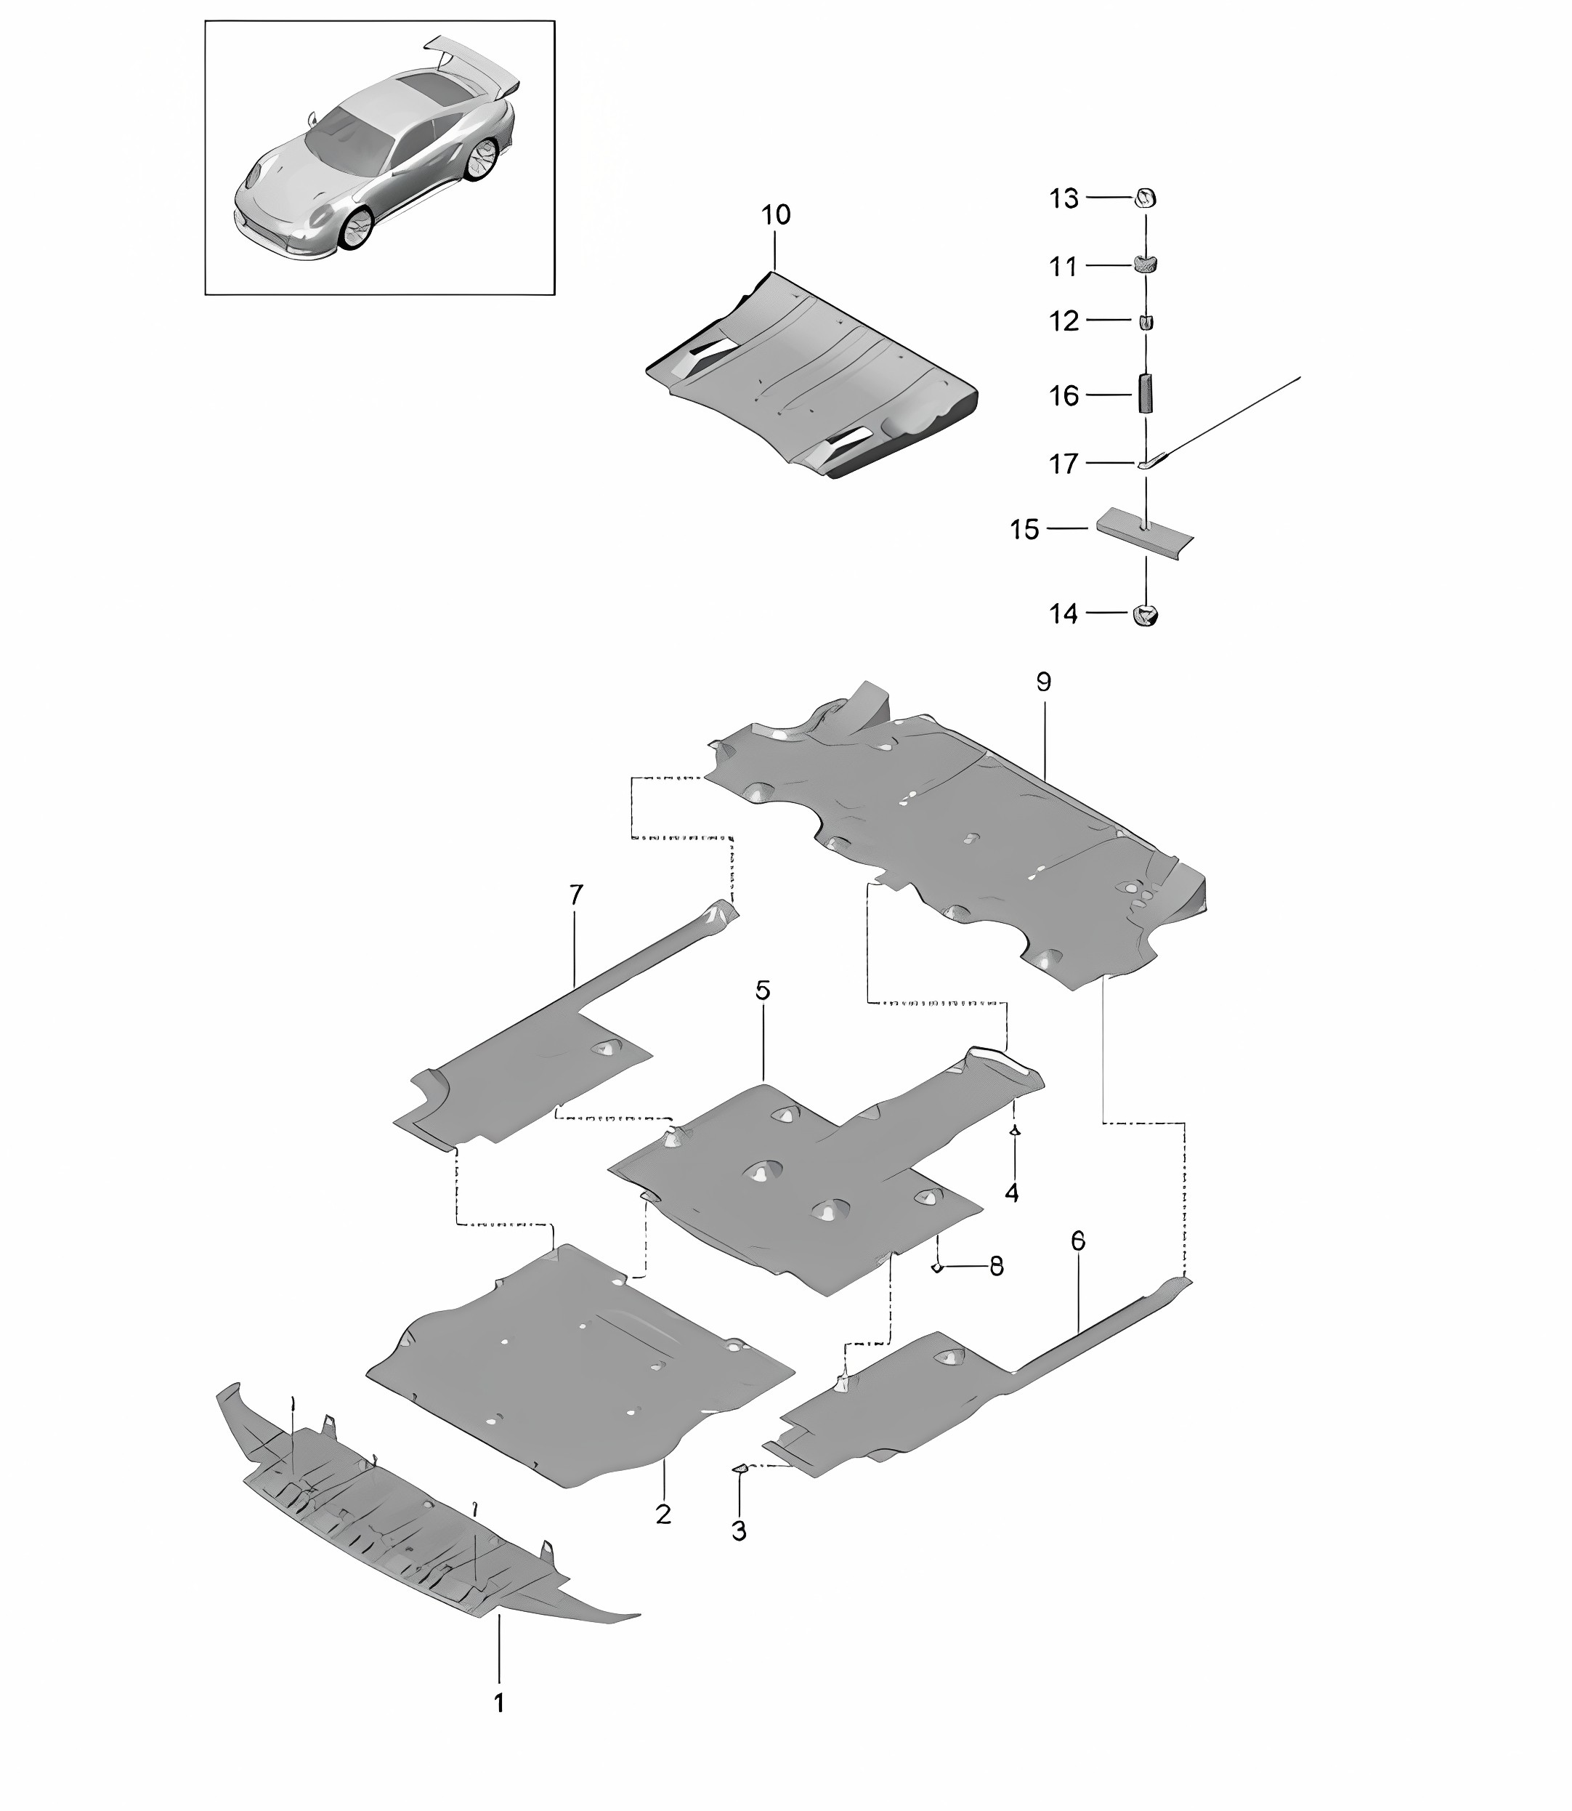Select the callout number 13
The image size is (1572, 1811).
[1064, 199]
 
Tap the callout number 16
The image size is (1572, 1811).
[1064, 396]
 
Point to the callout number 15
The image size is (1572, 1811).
[1024, 530]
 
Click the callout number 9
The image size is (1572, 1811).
[1043, 682]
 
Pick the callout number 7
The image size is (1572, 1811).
[575, 895]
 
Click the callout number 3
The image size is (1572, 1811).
[739, 1531]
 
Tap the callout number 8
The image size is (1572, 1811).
[997, 1266]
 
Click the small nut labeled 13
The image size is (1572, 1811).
[1146, 198]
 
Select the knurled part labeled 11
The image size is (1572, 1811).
[1146, 262]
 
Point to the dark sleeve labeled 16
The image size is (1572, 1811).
[1146, 393]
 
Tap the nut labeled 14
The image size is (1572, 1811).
[1146, 615]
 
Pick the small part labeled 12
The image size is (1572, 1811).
[1146, 322]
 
